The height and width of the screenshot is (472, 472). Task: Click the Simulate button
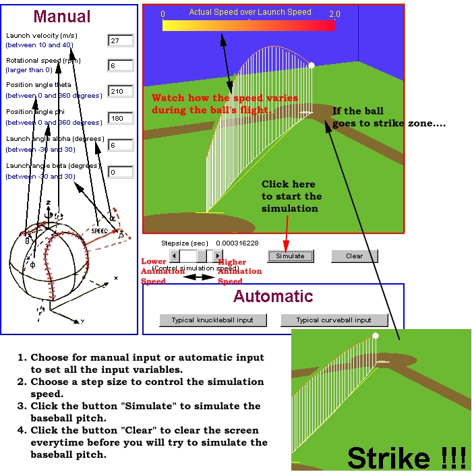(x=291, y=256)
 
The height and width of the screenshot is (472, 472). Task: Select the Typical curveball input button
(x=334, y=320)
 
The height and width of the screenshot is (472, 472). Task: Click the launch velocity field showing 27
(x=120, y=41)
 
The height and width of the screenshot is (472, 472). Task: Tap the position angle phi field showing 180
(x=120, y=119)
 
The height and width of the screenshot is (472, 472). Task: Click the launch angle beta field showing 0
(x=120, y=172)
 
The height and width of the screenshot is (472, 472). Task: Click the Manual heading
(x=63, y=16)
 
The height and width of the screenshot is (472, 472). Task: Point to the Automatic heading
(x=273, y=296)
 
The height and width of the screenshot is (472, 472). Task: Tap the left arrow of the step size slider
(x=174, y=256)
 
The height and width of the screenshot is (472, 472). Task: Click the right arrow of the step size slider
(x=218, y=256)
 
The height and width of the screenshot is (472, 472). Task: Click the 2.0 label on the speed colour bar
(x=334, y=13)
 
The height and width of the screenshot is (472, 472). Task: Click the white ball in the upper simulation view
(x=312, y=65)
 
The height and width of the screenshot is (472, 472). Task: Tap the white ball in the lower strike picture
(x=376, y=335)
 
